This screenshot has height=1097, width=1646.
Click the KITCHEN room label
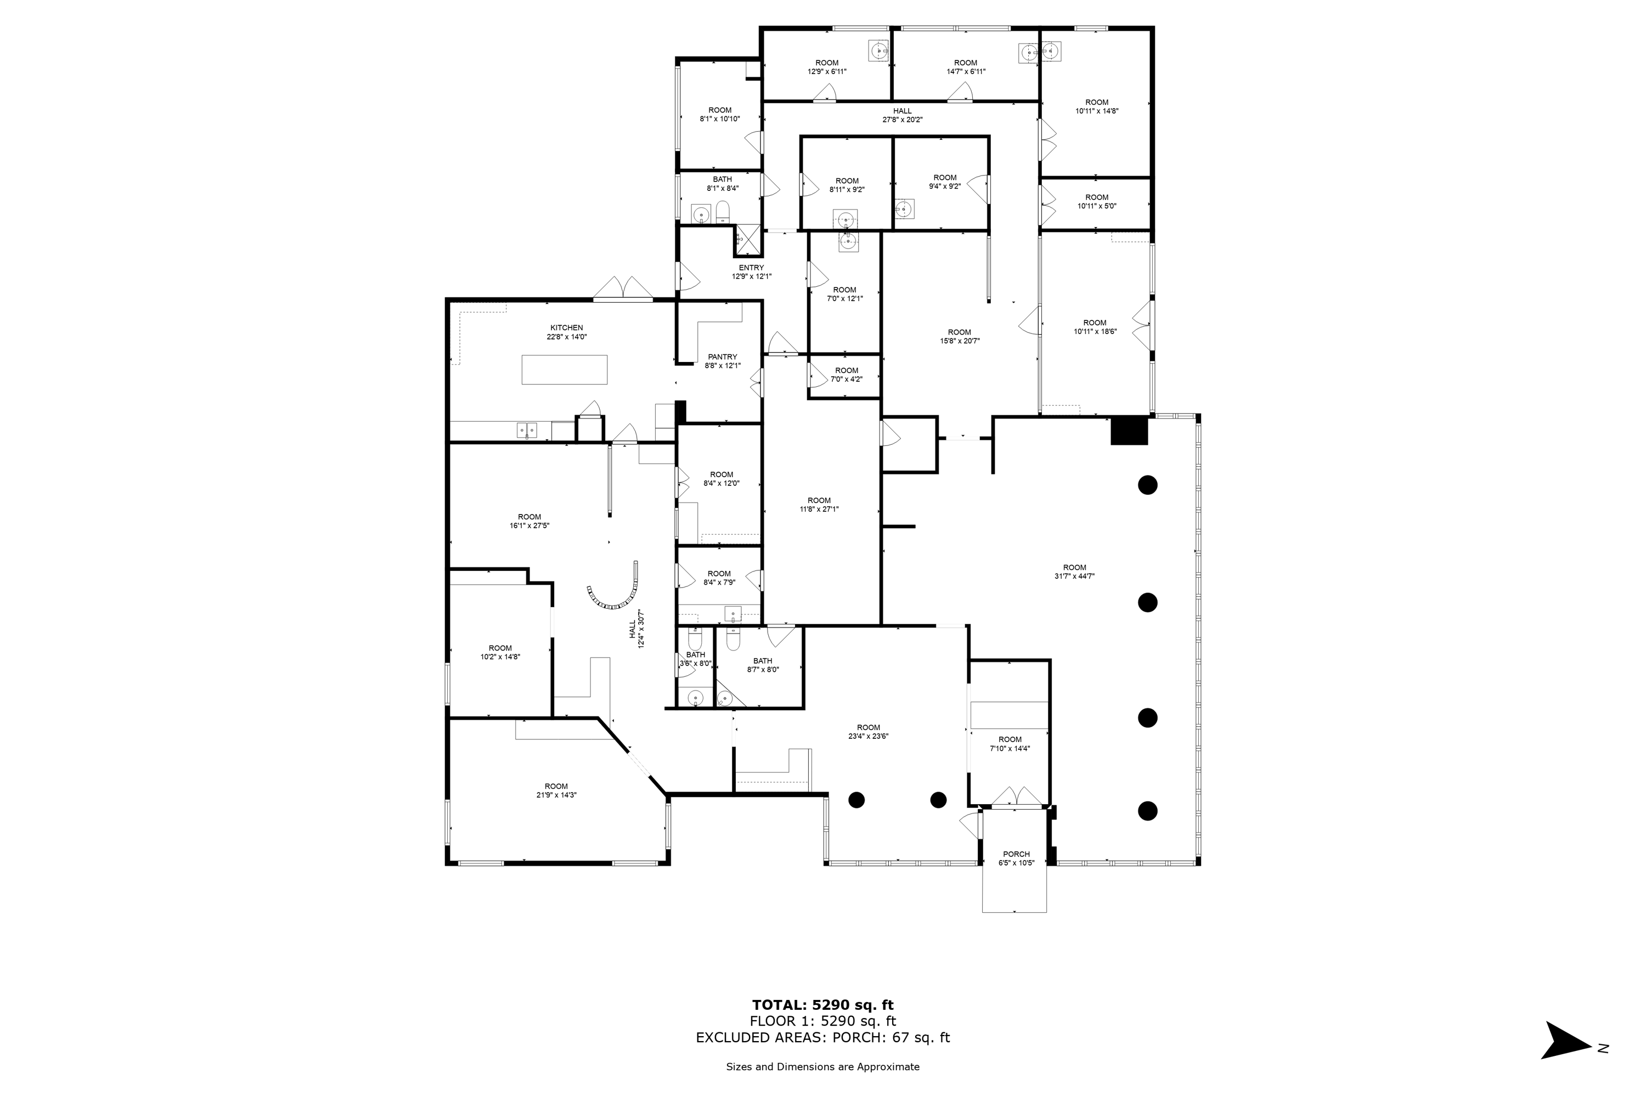[566, 327]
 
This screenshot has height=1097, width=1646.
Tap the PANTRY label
[722, 357]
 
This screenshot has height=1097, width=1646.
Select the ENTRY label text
[751, 268]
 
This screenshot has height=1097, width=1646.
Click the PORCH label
[1016, 854]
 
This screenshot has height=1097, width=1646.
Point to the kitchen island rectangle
[564, 369]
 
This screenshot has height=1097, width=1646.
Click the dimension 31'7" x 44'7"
[1074, 576]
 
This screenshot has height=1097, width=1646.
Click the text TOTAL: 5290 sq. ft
[823, 1005]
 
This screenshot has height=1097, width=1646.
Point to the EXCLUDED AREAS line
[823, 1038]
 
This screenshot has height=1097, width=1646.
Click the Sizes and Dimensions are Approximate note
[823, 1067]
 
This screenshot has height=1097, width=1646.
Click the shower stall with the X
[747, 241]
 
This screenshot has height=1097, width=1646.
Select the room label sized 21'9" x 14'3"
[556, 790]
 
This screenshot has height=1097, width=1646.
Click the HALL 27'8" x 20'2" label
[902, 115]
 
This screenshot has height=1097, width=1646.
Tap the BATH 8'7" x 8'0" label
[763, 665]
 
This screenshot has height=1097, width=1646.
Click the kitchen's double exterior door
[623, 289]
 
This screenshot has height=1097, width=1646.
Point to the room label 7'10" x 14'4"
[1010, 744]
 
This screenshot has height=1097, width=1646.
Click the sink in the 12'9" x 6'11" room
[878, 50]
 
